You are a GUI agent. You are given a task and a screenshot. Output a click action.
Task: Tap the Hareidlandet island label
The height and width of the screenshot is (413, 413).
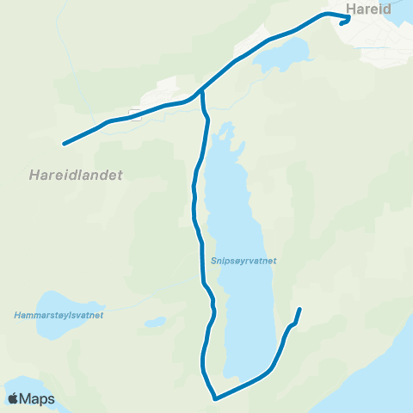(70, 175)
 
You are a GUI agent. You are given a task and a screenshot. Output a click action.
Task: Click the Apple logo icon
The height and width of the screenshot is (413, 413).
(14, 398)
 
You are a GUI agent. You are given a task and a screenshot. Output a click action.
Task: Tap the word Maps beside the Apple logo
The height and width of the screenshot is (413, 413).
(38, 399)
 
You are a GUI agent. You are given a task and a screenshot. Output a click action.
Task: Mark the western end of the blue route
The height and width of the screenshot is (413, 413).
(64, 144)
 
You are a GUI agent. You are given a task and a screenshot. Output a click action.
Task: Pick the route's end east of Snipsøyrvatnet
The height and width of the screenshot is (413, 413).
(299, 309)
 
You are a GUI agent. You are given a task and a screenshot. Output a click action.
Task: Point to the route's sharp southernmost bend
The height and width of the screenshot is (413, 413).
(214, 398)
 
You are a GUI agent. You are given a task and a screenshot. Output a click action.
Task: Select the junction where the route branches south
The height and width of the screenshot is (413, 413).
(201, 90)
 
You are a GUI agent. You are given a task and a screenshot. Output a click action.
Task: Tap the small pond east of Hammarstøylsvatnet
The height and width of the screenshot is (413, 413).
(156, 322)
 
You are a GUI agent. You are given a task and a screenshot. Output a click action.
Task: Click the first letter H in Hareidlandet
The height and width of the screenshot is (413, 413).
(20, 175)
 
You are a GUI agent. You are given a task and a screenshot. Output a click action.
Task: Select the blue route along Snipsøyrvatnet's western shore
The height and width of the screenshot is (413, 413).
(196, 206)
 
